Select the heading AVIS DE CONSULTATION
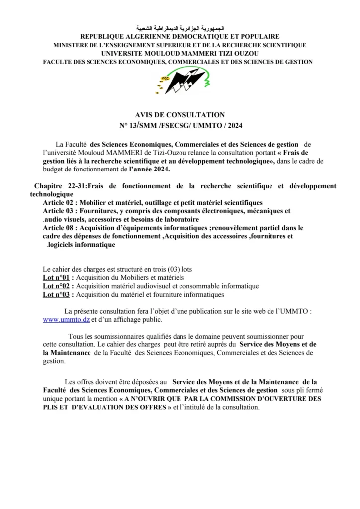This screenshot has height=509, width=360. [x=180, y=115]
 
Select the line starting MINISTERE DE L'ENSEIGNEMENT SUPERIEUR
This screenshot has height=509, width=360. [x=180, y=45]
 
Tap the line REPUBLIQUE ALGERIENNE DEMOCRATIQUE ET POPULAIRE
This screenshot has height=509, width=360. [x=180, y=37]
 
